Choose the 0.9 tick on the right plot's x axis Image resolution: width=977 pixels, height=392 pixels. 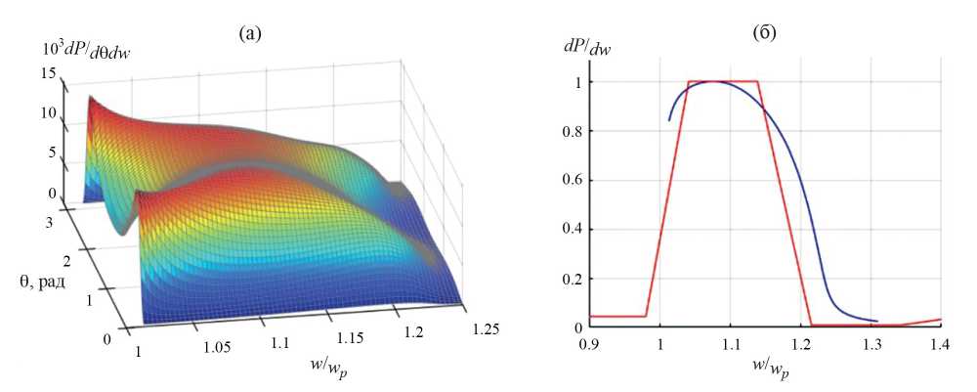[x=588, y=345]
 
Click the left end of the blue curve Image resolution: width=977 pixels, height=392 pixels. [x=669, y=120]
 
